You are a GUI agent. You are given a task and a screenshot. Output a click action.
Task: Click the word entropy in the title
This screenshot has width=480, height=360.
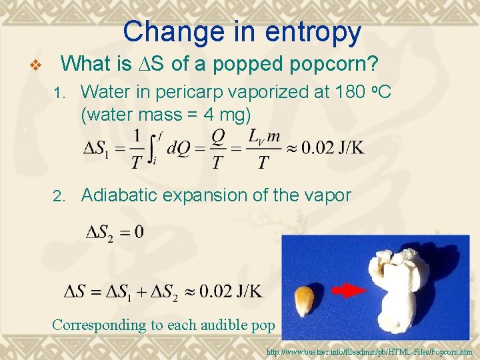pos(317,33)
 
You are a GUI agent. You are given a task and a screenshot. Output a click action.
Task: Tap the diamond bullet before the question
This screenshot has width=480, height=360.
pos(38,65)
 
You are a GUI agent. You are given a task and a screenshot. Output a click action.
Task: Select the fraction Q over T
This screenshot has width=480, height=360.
pos(218,147)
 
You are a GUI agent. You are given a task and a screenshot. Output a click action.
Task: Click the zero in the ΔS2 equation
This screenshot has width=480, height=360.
pos(138,233)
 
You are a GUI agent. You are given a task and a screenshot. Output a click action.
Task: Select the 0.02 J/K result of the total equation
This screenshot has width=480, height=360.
pos(229,291)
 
